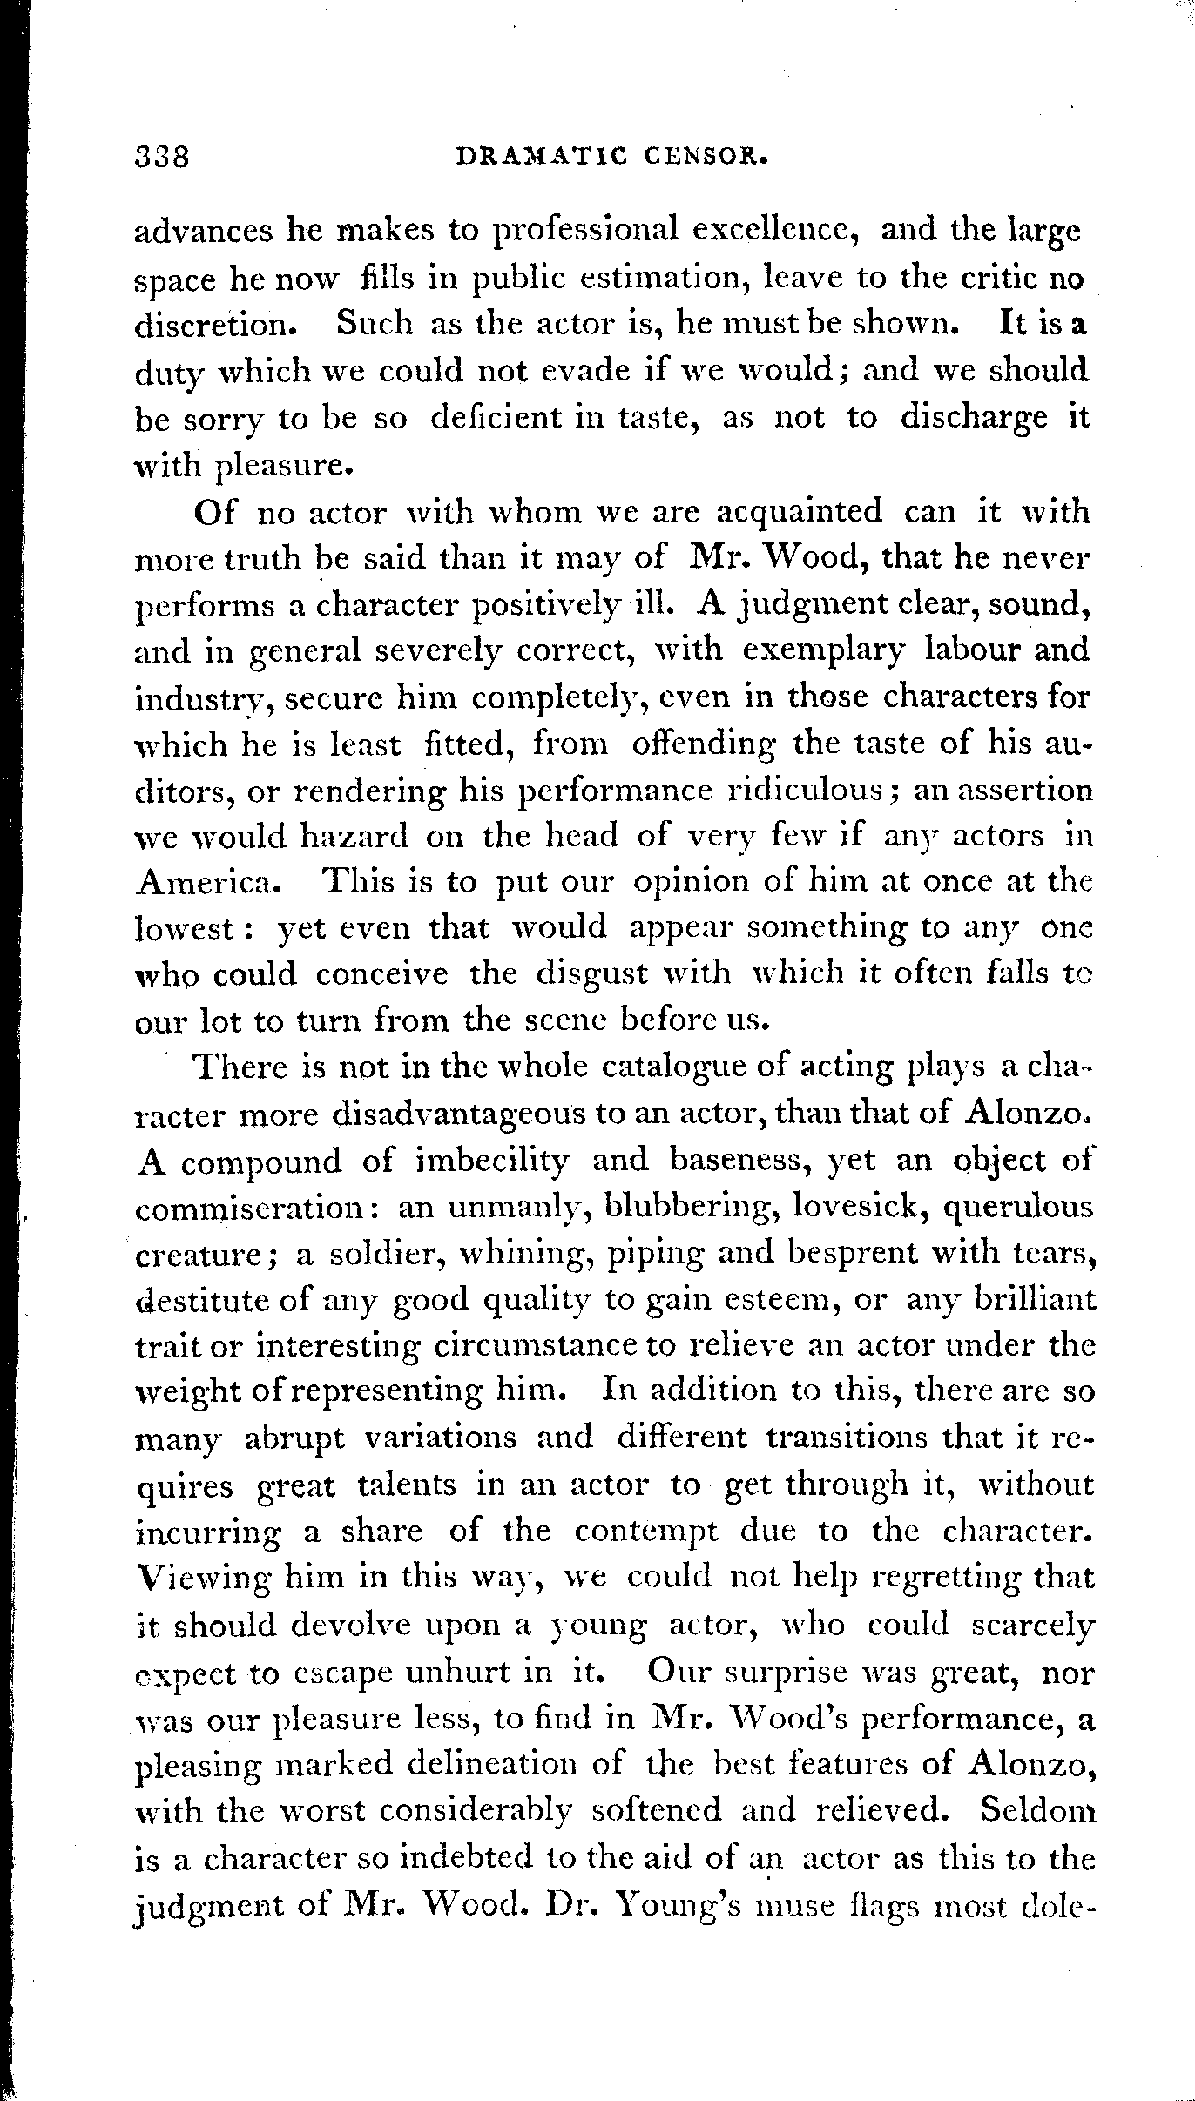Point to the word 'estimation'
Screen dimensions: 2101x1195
[662, 278]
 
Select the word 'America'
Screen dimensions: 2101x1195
[208, 883]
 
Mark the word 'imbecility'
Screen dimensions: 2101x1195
[493, 1161]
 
